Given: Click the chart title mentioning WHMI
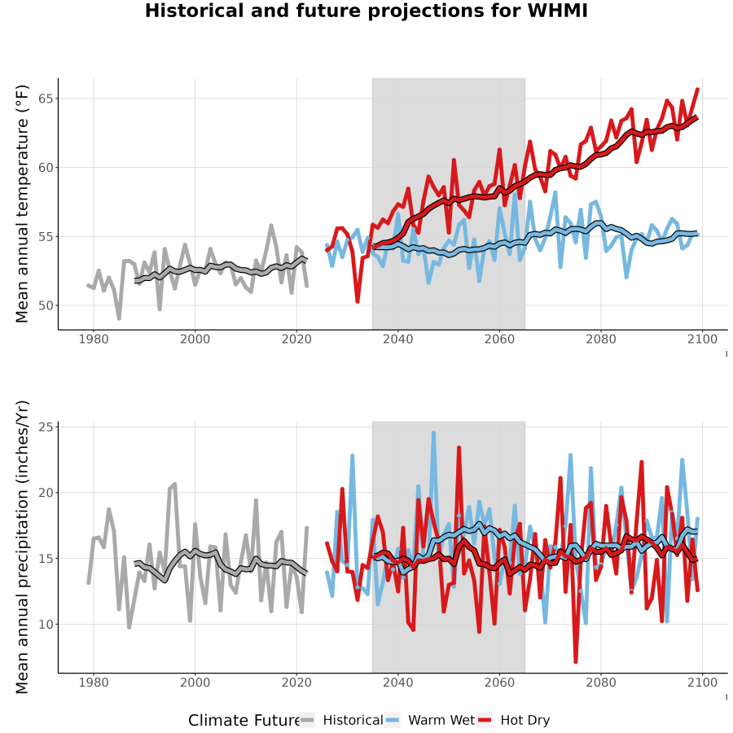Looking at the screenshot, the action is click(366, 11).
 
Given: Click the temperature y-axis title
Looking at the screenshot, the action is click(22, 204).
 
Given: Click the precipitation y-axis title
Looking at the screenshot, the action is click(22, 547).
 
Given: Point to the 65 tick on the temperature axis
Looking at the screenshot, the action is click(46, 99).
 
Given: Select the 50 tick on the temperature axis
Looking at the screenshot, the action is click(46, 305).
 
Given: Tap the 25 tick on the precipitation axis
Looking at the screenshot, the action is click(46, 427).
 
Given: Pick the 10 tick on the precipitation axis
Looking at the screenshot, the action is click(46, 625).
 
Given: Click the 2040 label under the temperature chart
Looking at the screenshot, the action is click(397, 339).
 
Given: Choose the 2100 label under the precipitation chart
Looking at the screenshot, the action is click(702, 683).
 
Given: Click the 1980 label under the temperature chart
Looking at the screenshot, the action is click(94, 339).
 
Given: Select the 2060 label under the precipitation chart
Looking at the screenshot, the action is click(499, 683).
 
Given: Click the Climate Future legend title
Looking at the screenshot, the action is click(244, 721).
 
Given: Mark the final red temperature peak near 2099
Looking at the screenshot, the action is click(697, 90).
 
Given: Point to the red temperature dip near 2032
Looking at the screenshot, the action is click(358, 301).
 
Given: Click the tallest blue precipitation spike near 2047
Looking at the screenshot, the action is click(433, 433).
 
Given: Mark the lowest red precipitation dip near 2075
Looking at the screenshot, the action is click(576, 661).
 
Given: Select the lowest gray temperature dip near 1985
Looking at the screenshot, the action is click(119, 318).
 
